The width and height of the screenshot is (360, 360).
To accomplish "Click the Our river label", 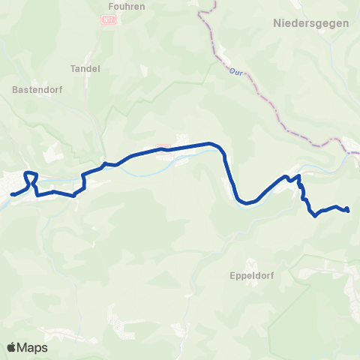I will coord(233,72).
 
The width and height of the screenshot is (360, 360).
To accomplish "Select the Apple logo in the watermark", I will coord(12,348).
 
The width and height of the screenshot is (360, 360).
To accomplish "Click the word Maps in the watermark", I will coord(33,348).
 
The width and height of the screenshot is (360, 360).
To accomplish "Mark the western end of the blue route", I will coord(12,195).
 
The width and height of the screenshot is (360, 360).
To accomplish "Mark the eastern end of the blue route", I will coord(349,211).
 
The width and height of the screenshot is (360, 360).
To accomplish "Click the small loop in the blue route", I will coord(31,177).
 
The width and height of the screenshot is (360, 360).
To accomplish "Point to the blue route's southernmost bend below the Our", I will coord(244,202).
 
